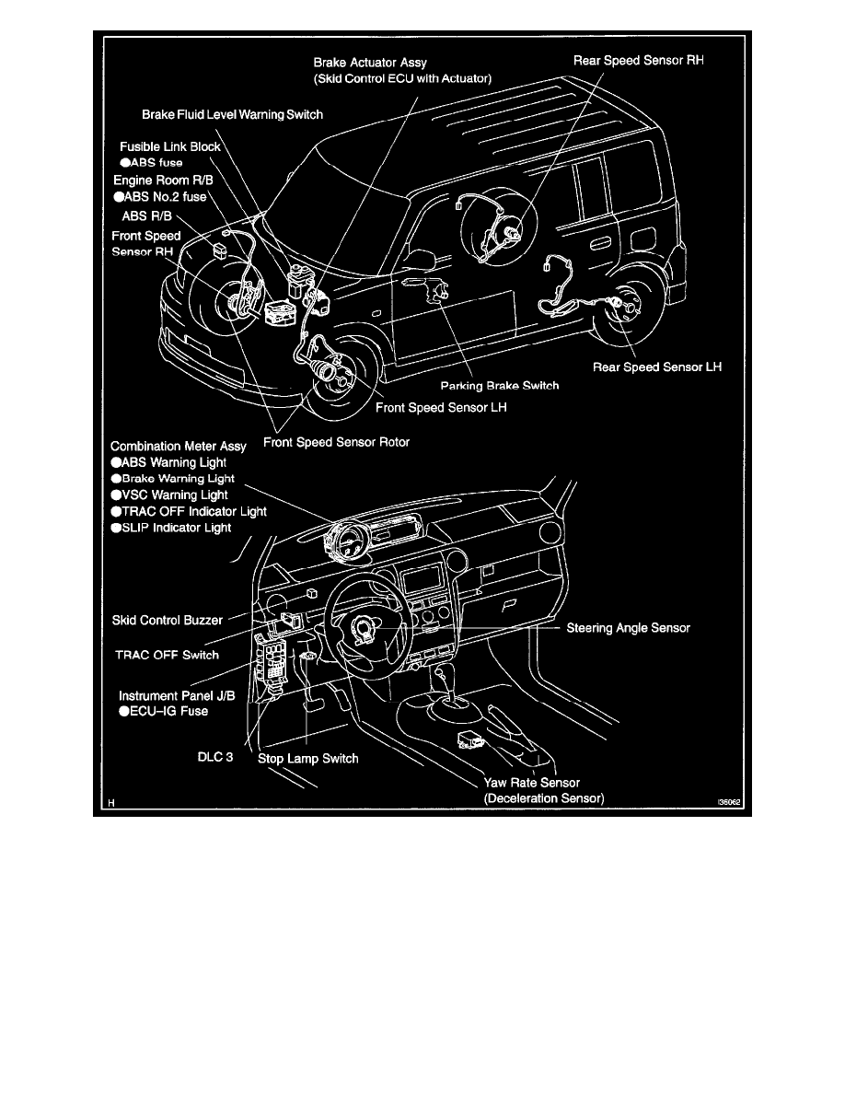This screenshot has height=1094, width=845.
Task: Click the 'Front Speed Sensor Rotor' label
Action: pyautogui.click(x=336, y=442)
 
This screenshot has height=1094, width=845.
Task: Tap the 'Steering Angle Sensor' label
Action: pyautogui.click(x=628, y=628)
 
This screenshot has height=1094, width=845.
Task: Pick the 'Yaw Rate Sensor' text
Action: pyautogui.click(x=532, y=783)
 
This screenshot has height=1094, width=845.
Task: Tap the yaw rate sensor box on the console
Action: pyautogui.click(x=468, y=740)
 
